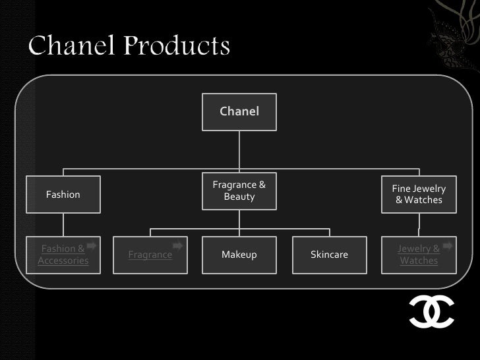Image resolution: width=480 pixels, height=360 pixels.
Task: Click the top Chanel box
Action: tap(239, 111)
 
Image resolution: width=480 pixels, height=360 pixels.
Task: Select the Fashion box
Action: tap(63, 195)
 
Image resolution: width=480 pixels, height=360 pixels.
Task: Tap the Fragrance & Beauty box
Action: tap(239, 191)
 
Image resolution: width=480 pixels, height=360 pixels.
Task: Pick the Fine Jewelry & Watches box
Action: tap(419, 195)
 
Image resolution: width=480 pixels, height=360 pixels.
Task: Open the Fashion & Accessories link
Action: tap(63, 255)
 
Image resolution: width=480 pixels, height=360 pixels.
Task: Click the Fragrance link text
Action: tap(150, 255)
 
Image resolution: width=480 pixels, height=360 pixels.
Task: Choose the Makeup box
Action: tap(239, 255)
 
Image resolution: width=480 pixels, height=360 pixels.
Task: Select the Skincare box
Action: tap(329, 255)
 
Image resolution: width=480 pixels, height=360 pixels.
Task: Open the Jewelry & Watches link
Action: tap(419, 255)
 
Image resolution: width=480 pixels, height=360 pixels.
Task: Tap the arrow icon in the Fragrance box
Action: tap(177, 246)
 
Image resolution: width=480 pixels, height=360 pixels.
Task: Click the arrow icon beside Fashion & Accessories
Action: tap(92, 246)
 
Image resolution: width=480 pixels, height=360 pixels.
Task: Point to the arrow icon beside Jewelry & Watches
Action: tap(448, 246)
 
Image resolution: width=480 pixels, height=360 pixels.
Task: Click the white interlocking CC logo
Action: tap(431, 311)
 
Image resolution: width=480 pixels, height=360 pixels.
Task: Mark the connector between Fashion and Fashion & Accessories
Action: tap(63, 224)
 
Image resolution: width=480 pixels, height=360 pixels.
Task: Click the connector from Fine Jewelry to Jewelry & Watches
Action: tap(419, 224)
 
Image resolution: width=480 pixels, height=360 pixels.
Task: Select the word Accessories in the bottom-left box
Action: tap(63, 260)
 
